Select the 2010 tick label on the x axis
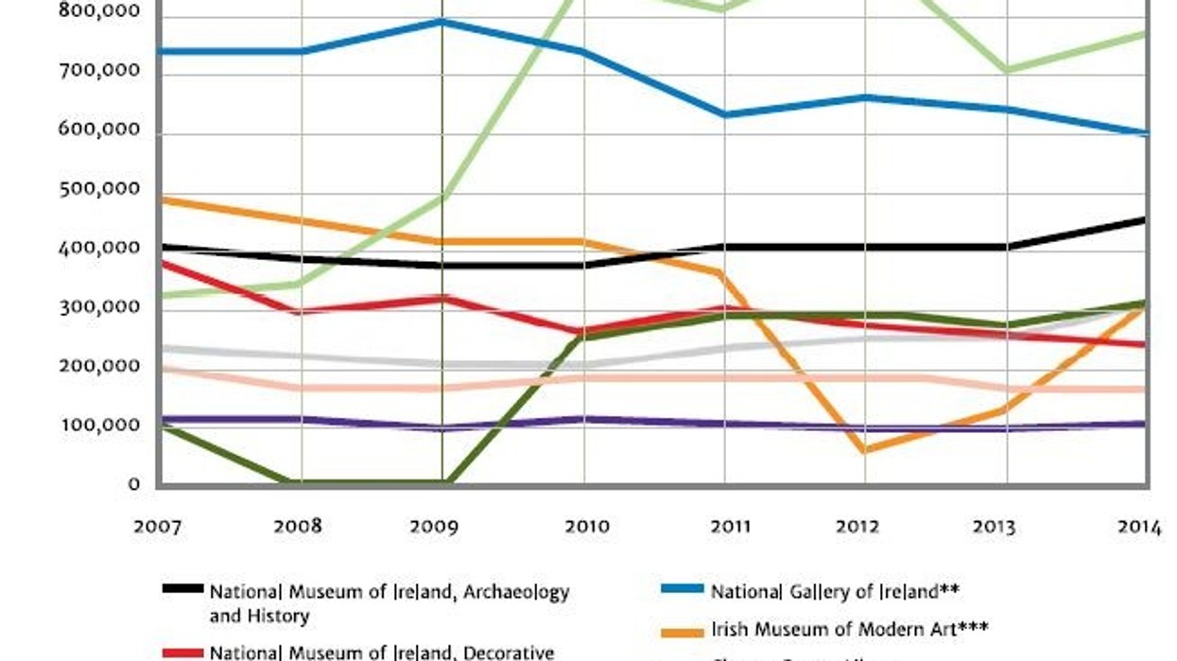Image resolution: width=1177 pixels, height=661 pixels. pyautogui.click(x=586, y=527)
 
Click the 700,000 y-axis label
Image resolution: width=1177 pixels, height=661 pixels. pyautogui.click(x=99, y=71)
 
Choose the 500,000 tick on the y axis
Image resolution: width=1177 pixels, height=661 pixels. pyautogui.click(x=99, y=189)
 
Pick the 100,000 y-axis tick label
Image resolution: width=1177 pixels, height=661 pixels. pyautogui.click(x=99, y=426)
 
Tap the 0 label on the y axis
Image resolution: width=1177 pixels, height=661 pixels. pyautogui.click(x=134, y=485)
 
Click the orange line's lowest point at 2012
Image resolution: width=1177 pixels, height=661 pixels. pyautogui.click(x=864, y=449)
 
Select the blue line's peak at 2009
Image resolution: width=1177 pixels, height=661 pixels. pyautogui.click(x=441, y=21)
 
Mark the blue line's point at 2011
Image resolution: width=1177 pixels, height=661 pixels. pyautogui.click(x=724, y=114)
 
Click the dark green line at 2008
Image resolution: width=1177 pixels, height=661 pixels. pyautogui.click(x=301, y=482)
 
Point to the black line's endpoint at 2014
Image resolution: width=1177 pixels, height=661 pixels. pyautogui.click(x=1146, y=220)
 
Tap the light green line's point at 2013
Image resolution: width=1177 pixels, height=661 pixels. pyautogui.click(x=1006, y=70)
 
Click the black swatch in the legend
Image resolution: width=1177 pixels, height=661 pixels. pyautogui.click(x=182, y=589)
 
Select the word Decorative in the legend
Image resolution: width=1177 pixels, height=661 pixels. pyautogui.click(x=511, y=652)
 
